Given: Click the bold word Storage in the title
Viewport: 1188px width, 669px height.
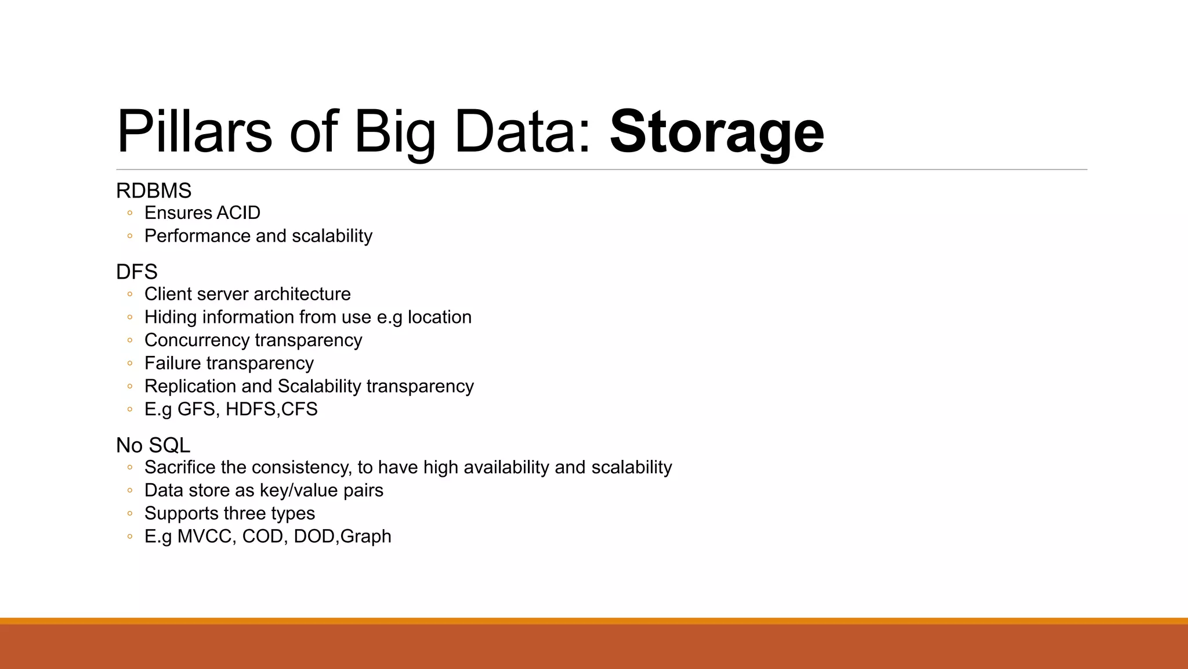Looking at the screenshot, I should tap(716, 132).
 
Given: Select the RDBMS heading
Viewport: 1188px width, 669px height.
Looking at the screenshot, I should tap(154, 190).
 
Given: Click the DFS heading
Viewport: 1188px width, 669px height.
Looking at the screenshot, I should tap(137, 272).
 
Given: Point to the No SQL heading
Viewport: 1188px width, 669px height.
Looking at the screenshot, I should tap(153, 445).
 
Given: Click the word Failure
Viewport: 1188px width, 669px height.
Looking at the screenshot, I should tap(172, 364).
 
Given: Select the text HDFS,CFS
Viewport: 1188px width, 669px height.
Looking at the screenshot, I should tap(271, 409).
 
